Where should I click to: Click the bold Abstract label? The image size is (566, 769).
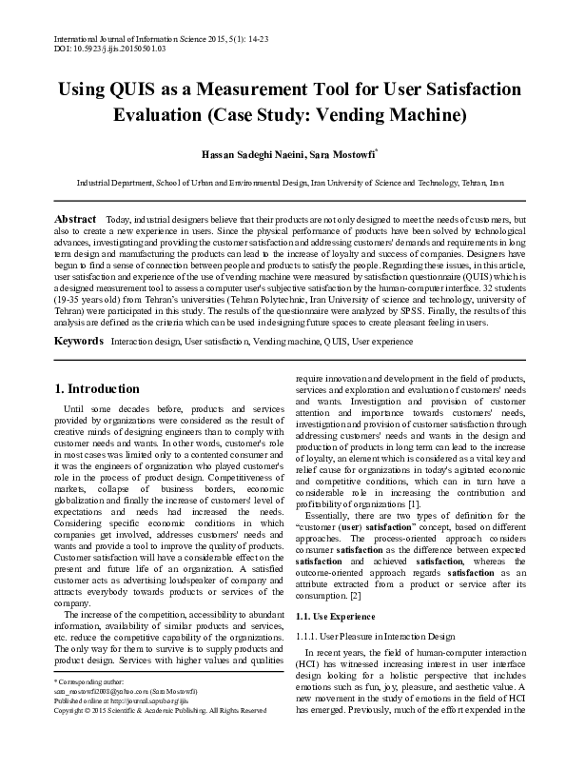click(x=75, y=219)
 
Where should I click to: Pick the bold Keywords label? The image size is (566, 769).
click(x=78, y=340)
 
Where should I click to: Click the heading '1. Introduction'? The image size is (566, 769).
click(x=96, y=388)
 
